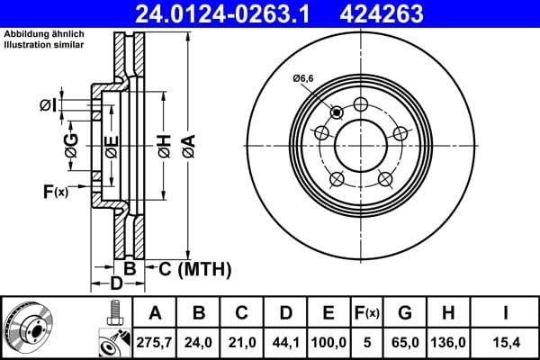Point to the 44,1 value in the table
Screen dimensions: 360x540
[285, 341]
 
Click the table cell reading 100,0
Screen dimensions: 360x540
[328, 341]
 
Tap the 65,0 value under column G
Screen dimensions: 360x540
[405, 341]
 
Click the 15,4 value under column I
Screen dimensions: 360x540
[506, 341]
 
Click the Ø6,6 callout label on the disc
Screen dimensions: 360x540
[302, 79]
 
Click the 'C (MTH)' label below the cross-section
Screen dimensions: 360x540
[194, 268]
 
